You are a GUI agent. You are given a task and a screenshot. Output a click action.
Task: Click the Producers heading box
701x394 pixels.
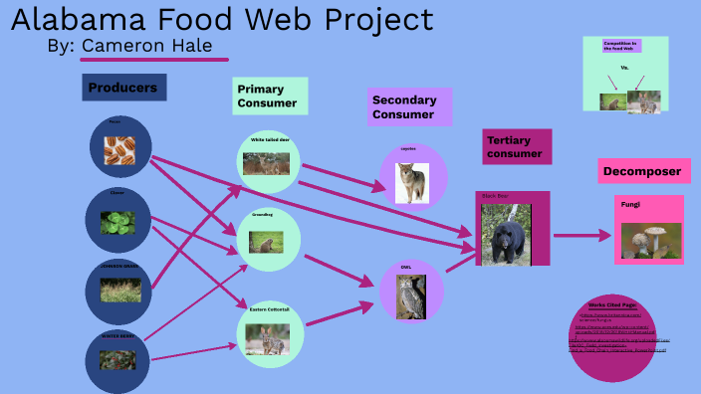point(123,88)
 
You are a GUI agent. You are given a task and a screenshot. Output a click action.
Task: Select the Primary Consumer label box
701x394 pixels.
point(270,96)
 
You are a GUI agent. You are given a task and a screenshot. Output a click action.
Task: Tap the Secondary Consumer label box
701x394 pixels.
point(409,106)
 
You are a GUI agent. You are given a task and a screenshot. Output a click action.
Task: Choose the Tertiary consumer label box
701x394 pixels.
point(516,146)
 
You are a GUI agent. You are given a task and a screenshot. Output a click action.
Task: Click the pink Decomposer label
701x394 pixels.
point(643,171)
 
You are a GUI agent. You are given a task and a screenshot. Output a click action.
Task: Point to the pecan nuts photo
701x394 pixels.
point(118,151)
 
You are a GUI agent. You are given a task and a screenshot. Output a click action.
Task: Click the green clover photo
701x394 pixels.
point(118,221)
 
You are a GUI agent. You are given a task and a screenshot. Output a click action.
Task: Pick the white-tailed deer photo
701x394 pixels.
point(266,164)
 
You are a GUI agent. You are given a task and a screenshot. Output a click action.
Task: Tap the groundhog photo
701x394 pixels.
point(266,241)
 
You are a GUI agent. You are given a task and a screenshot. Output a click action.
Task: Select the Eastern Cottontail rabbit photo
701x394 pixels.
point(266,338)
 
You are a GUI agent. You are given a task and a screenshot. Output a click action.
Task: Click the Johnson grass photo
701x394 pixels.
point(118,289)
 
